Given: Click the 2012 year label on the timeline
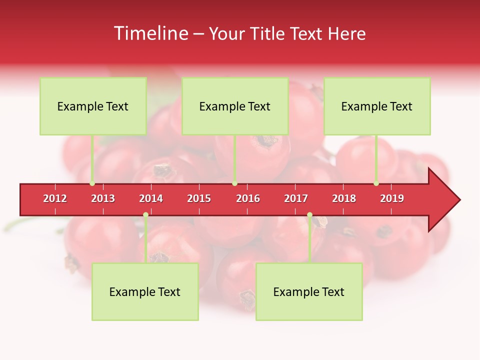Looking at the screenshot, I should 55,198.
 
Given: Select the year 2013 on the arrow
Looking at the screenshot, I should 103,198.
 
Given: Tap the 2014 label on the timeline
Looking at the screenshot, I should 151,198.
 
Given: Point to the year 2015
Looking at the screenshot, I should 199,198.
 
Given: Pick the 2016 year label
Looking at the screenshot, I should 248,198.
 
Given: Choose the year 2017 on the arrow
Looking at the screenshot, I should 296,198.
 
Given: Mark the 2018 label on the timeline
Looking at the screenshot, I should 344,198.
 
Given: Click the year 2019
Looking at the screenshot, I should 392,198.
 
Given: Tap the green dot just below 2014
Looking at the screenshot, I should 145,215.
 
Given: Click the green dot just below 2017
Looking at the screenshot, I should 309,215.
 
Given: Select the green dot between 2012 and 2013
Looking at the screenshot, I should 92,183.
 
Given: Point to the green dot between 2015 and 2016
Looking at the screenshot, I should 234,183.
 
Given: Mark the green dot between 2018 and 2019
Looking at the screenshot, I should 376,183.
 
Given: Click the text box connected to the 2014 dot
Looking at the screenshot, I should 145,291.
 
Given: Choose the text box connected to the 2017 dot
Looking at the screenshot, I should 309,291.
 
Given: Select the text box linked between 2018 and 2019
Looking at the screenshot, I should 377,106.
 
